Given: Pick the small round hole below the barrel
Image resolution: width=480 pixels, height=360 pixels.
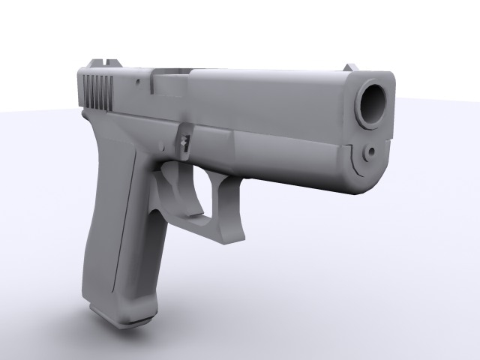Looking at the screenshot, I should coord(370,153).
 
